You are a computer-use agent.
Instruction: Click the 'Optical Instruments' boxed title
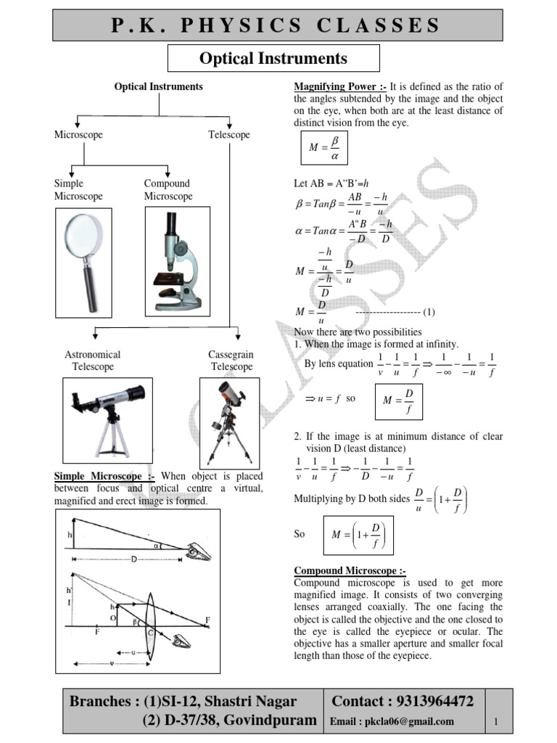273,58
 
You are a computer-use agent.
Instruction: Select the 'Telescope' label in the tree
228,135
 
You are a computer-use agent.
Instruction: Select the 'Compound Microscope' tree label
168,190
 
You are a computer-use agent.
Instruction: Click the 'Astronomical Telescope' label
93,361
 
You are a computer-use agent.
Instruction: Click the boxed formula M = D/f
397,401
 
